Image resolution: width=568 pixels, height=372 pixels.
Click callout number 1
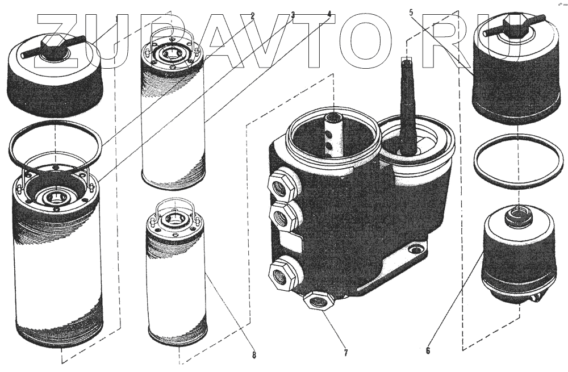[116, 18]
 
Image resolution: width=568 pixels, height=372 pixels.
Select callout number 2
[252, 15]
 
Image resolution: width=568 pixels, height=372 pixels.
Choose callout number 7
[345, 352]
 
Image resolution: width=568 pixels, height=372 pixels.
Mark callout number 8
[254, 356]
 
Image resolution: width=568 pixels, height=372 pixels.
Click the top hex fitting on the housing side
[279, 185]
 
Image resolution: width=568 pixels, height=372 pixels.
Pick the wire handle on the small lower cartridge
[174, 208]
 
